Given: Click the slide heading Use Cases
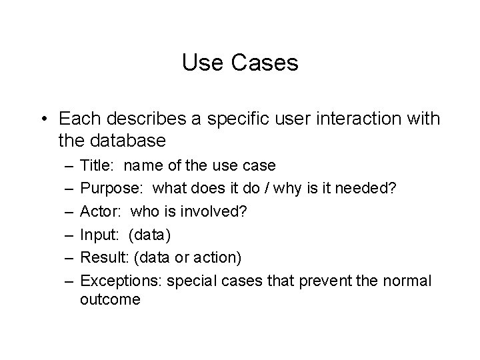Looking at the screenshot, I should click(x=239, y=63).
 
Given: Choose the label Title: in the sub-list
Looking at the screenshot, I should click(x=97, y=165).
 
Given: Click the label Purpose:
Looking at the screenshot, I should click(x=107, y=189).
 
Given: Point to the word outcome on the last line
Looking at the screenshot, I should click(x=110, y=300).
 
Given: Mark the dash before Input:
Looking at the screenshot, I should click(x=69, y=235).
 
